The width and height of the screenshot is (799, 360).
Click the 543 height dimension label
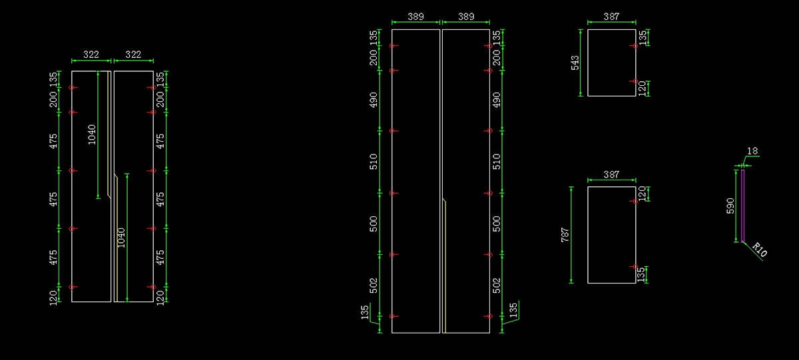tap(575, 63)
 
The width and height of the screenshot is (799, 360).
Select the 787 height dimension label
tap(565, 235)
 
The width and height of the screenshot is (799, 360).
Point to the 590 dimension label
tap(730, 206)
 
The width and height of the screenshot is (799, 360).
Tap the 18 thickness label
tap(752, 151)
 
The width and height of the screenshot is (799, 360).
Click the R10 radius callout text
tap(760, 250)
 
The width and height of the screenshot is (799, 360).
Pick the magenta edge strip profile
tap(742, 206)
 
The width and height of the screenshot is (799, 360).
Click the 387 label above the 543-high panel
tap(611, 17)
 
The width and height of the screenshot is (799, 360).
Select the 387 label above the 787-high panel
tap(611, 174)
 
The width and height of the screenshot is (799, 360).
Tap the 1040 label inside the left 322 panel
tap(92, 134)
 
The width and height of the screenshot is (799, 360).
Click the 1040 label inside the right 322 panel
tap(121, 238)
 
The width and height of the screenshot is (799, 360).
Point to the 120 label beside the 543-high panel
tap(642, 89)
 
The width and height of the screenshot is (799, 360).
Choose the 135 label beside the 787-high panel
tap(641, 275)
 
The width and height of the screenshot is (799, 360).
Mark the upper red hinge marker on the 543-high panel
tap(635, 46)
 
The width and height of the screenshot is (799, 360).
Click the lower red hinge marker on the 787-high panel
tap(635, 267)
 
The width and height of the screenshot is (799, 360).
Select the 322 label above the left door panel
tap(91, 55)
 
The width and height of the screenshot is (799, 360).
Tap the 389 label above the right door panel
tap(466, 17)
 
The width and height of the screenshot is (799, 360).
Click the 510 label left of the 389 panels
tap(373, 162)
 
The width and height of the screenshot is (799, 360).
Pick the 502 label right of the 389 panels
tap(497, 286)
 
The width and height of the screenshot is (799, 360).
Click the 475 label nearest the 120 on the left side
tap(53, 258)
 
